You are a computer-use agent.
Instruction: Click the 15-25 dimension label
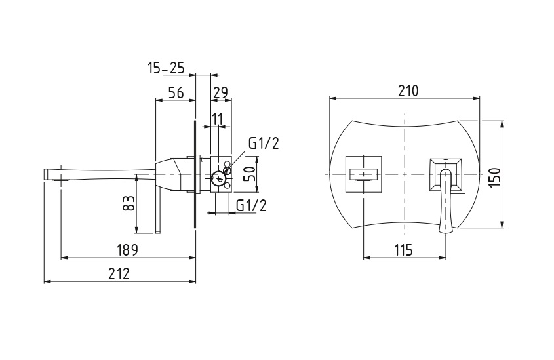click(166, 68)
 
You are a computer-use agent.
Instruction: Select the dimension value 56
click(176, 92)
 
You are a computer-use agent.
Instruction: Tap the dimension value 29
click(220, 92)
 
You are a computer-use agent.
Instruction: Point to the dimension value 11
click(218, 119)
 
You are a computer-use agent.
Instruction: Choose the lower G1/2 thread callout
click(251, 205)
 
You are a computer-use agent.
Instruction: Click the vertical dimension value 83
click(129, 203)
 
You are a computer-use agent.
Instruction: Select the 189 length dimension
click(127, 250)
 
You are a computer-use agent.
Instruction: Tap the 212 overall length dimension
click(119, 273)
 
